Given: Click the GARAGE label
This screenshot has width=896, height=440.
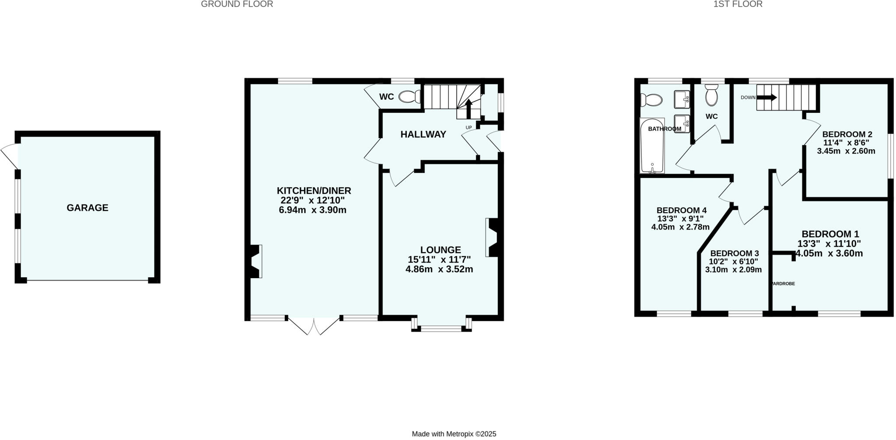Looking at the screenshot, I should [x=87, y=208].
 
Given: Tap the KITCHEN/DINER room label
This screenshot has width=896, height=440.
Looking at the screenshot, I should [x=314, y=191].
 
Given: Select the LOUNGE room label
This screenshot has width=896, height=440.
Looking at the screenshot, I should [x=440, y=250].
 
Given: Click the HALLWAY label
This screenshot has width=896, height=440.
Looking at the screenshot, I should [x=423, y=134].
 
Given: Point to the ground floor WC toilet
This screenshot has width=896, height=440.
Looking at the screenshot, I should [x=410, y=97].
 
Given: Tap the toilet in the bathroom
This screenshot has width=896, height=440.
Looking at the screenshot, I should [x=651, y=100].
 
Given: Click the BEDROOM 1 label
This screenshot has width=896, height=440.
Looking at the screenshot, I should [x=830, y=234].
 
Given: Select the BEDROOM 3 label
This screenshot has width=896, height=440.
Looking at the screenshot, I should [x=734, y=253].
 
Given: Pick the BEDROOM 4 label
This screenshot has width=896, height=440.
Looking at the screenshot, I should [x=681, y=210].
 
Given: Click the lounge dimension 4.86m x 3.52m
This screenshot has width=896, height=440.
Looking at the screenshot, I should [x=439, y=269].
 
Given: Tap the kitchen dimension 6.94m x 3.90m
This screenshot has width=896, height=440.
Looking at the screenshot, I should [x=312, y=210].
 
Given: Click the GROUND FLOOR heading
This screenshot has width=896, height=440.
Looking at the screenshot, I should [x=237, y=4].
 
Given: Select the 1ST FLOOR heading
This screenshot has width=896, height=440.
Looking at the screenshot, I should [x=744, y=4].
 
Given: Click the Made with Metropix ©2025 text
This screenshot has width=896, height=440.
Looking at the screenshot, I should [x=454, y=434].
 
